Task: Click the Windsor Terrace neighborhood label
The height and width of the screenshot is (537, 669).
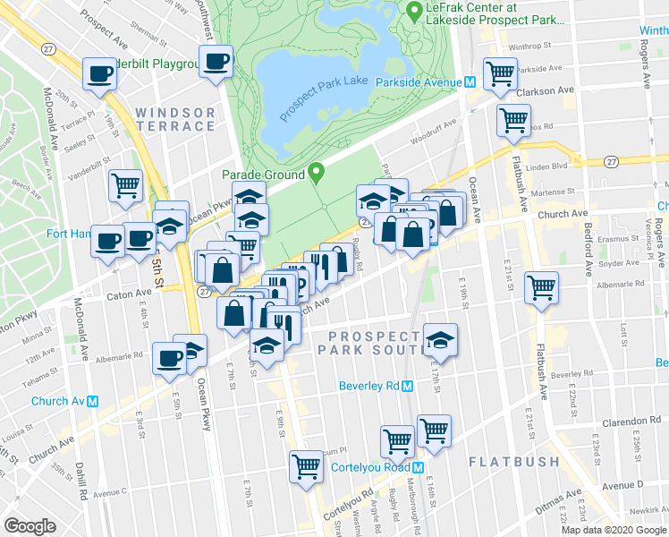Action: (175, 120)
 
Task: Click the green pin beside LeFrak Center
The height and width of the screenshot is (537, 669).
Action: (413, 12)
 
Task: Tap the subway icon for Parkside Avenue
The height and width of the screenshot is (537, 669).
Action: (469, 81)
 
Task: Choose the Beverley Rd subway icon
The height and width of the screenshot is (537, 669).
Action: (407, 387)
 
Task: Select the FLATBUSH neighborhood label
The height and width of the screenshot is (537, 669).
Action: (514, 462)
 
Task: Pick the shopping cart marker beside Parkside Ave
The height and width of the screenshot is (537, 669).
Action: (500, 73)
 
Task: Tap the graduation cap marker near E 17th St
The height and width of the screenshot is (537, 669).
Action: (440, 340)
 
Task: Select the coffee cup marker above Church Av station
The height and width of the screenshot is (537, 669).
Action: (169, 359)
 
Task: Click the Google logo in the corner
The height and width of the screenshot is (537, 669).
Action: (30, 526)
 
